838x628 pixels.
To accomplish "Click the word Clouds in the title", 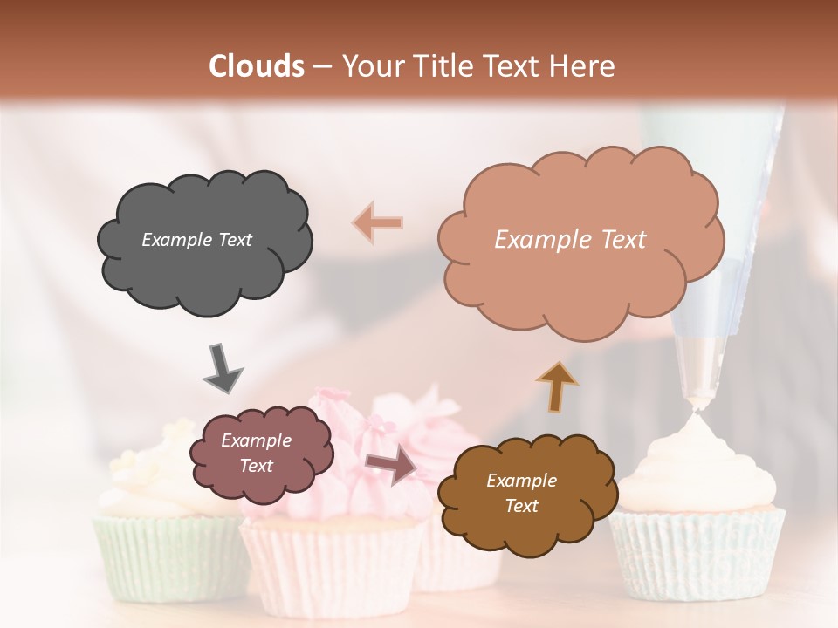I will tap(257, 66).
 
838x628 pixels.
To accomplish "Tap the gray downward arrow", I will tap(222, 367).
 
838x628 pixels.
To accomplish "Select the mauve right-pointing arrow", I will tap(390, 467).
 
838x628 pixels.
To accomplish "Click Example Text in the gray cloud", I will tap(196, 240).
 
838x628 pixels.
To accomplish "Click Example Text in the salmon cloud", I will tap(570, 240).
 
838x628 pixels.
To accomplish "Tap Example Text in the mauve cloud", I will tap(256, 454).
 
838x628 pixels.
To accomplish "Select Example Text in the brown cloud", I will tap(521, 493).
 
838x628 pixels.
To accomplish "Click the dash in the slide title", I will tap(321, 67).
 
